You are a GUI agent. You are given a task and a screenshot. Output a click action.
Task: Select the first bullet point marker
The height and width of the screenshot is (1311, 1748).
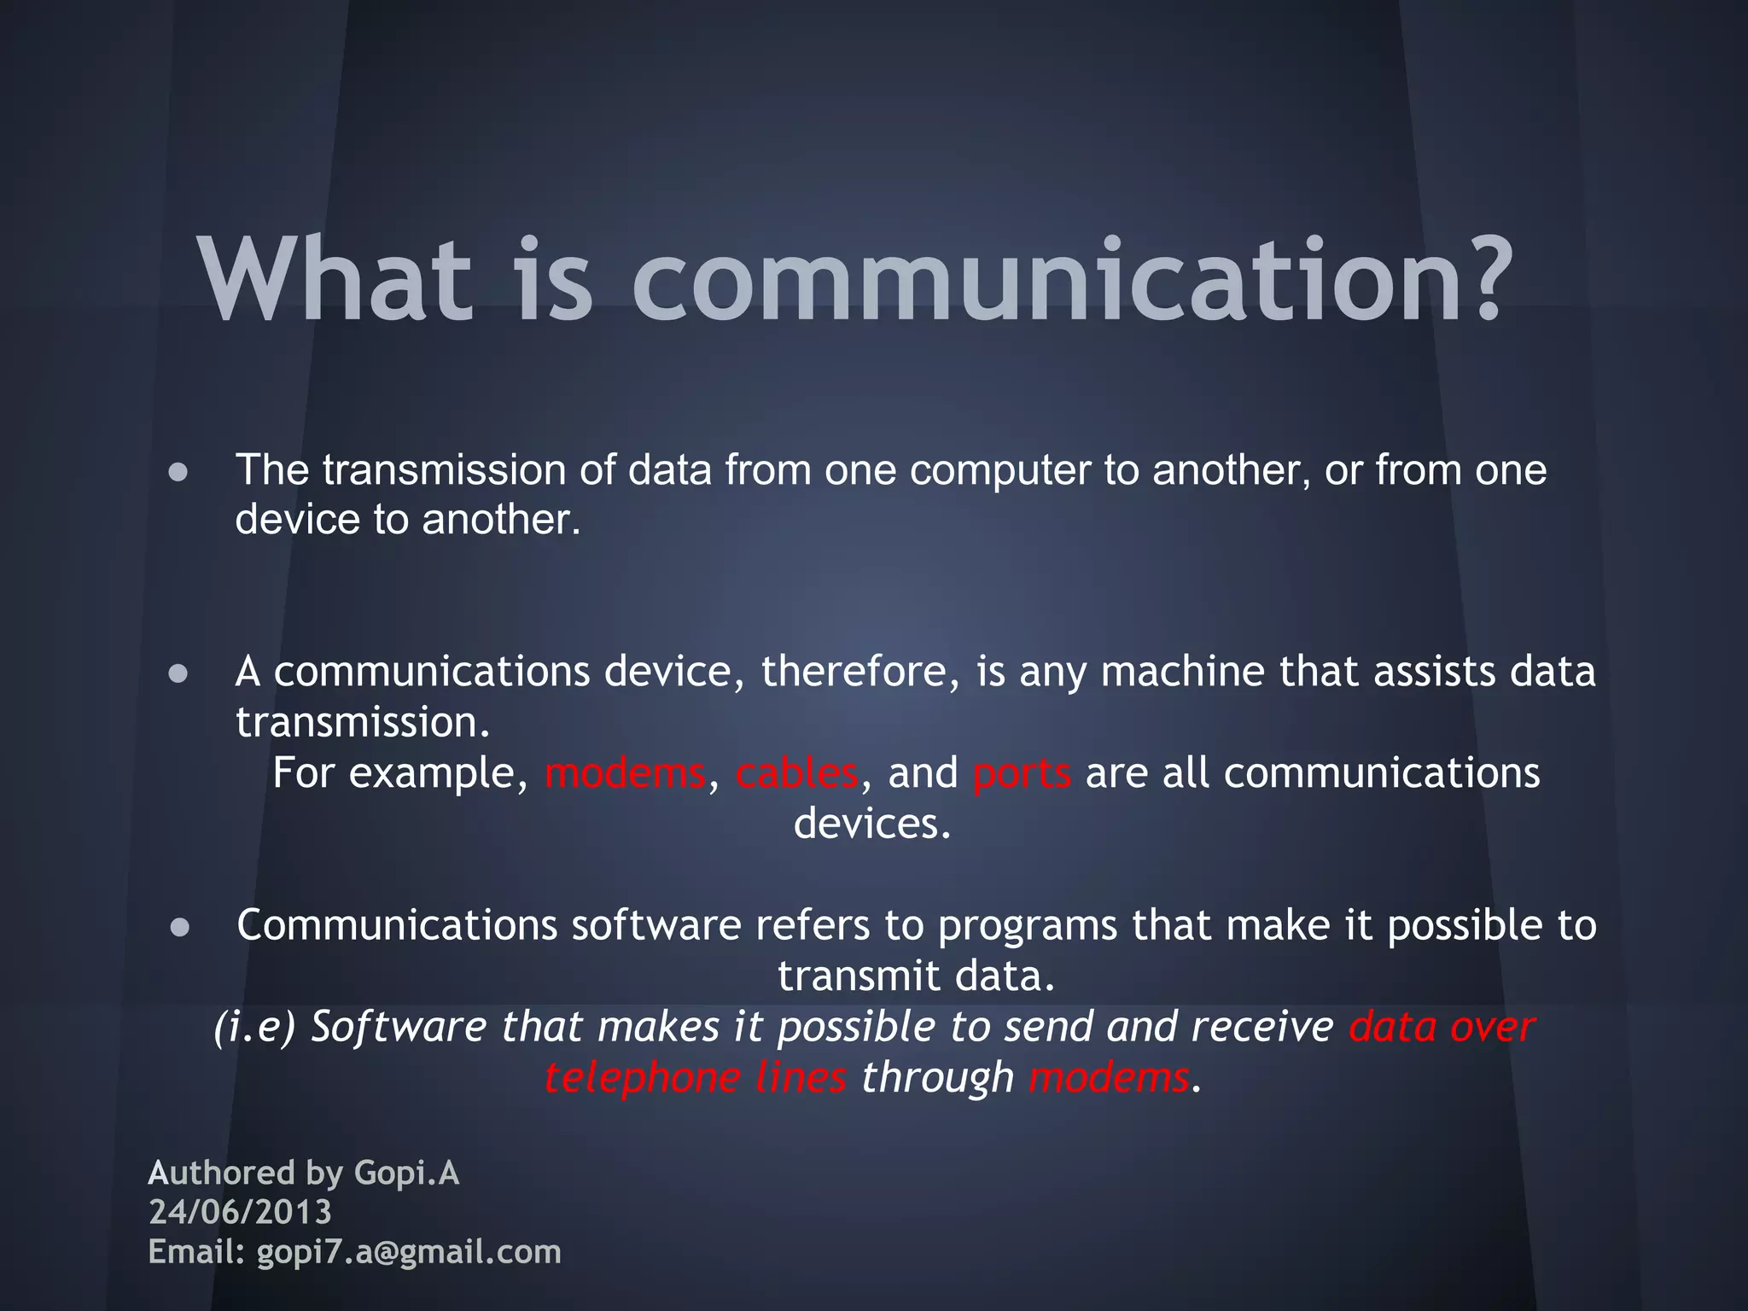coord(178,472)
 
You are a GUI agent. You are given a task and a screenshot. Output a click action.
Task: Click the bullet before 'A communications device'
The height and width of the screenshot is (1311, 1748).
coord(178,673)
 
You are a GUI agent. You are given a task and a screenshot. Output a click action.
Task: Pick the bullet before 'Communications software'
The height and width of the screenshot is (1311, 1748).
coord(178,928)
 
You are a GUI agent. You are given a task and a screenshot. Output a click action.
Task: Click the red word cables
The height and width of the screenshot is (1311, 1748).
coord(796,773)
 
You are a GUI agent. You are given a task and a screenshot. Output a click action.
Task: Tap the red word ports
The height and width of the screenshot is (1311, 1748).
coord(1022,773)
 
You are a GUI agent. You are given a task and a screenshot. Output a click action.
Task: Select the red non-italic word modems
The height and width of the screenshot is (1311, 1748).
coord(626,773)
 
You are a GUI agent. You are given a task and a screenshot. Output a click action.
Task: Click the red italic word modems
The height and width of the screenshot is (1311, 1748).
coord(1109,1077)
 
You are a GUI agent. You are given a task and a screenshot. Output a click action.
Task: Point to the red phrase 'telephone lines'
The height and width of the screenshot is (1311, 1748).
coord(696,1077)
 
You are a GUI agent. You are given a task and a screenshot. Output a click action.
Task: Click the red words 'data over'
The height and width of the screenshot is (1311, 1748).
coord(1442,1027)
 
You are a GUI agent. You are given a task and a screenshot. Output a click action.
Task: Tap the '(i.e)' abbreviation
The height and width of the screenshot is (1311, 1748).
coord(254,1027)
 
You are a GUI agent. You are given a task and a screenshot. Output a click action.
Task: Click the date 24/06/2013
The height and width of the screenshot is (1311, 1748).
coord(240,1212)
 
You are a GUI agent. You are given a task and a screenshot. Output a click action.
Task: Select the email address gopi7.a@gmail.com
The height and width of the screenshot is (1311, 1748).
coord(409,1252)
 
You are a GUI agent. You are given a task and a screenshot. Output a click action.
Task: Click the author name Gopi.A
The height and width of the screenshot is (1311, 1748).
coord(406,1174)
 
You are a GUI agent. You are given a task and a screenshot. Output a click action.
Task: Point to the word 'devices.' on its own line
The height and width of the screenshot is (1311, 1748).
coord(872,824)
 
